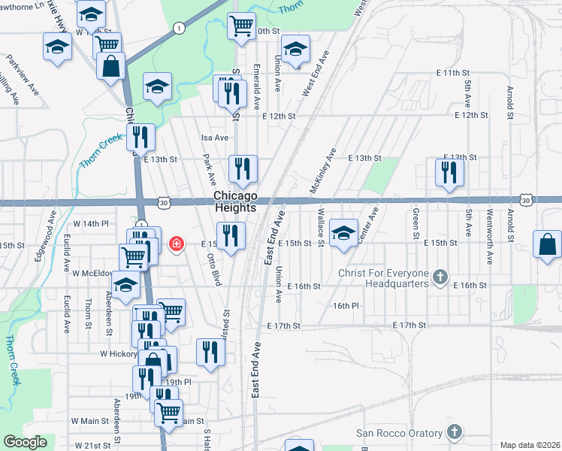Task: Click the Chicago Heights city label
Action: point(235,201)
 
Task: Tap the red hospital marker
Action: point(177,244)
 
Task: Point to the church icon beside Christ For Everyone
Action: point(441,278)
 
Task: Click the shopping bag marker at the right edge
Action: point(547,245)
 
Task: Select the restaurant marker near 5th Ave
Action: point(449,172)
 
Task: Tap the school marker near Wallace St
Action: point(343,233)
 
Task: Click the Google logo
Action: point(25,442)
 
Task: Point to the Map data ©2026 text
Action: point(530,445)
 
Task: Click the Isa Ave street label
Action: point(214,138)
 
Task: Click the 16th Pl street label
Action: point(346,306)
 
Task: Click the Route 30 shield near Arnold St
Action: point(526,201)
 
